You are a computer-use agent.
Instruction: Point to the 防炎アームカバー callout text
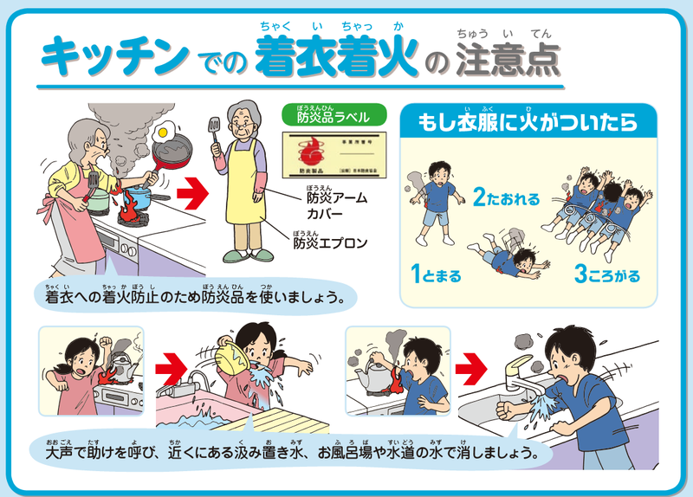coord(336,205)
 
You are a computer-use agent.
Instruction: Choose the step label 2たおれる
coord(506,198)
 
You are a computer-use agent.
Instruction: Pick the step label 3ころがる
coord(606,276)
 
